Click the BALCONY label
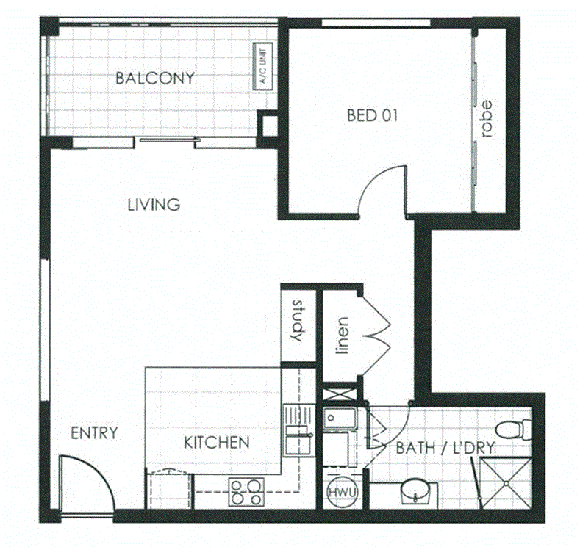154,78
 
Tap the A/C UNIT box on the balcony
262,67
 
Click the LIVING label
153,204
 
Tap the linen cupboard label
341,334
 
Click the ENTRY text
93,433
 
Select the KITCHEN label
216,443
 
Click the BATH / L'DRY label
444,448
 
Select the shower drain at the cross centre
505,481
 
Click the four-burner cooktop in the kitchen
247,491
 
